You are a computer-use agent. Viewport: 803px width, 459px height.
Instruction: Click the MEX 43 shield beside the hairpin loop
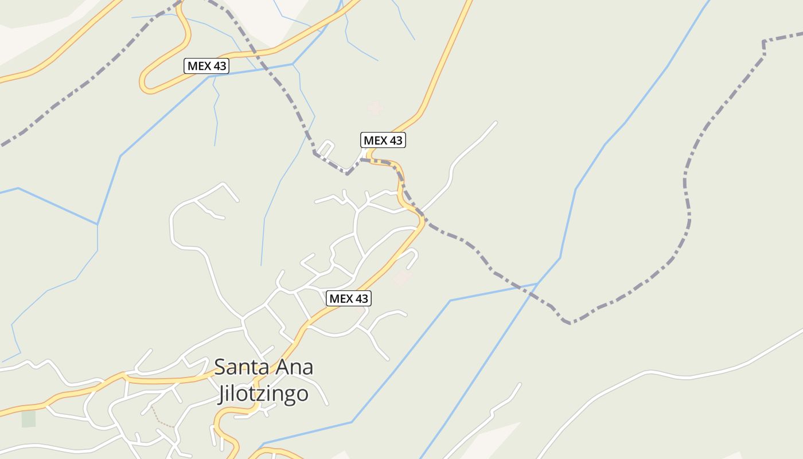pos(206,66)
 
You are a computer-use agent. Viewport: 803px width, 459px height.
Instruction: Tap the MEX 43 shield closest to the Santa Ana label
pos(349,298)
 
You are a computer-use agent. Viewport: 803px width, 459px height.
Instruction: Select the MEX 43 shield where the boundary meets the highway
pos(383,140)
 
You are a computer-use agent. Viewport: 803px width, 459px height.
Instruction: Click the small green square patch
pos(29,419)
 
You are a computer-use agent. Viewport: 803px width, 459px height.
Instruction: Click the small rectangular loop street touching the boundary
pos(325,148)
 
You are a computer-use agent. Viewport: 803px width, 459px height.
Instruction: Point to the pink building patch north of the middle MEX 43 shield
pos(375,107)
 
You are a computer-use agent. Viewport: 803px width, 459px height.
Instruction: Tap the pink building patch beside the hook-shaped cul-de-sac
pos(402,278)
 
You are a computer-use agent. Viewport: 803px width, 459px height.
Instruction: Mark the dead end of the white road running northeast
pos(495,122)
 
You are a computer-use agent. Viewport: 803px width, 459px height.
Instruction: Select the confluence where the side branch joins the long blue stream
pos(536,284)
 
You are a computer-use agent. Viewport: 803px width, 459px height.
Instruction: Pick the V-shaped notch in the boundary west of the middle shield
pos(347,173)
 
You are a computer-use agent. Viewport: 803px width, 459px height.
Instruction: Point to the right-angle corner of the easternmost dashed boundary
pos(764,42)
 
